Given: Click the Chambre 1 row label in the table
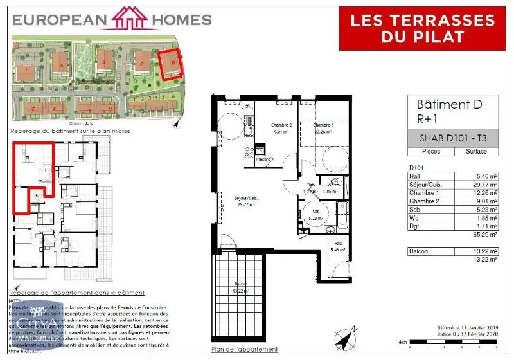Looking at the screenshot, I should point(425,192).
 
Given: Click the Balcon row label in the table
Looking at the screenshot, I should point(421,251).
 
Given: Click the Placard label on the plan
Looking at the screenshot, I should point(262,159).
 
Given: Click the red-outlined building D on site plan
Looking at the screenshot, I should point(170,64).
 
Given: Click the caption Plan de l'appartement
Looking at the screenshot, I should point(245,350).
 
